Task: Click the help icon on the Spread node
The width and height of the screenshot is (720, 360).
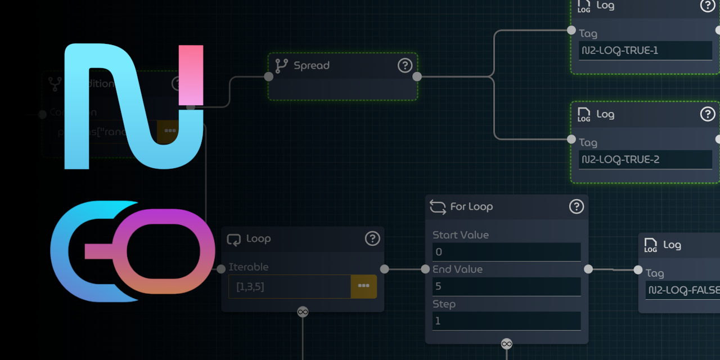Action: coord(405,66)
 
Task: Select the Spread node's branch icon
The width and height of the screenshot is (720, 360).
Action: coord(282,66)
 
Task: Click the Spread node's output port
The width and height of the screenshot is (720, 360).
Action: coord(417,76)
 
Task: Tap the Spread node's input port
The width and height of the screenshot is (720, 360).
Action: coord(269,76)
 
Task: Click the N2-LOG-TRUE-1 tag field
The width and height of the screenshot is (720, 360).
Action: coord(645,51)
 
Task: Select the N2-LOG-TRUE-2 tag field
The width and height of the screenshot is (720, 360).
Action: coord(645,160)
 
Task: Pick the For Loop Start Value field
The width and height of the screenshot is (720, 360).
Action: coord(506,252)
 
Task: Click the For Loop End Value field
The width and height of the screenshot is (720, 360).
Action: coord(506,286)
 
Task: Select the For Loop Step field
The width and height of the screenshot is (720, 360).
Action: coord(506,321)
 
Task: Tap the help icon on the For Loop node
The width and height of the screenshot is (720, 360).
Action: coord(577,206)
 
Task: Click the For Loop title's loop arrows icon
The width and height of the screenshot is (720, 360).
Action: coord(438,206)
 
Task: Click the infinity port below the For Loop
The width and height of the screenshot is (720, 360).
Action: coord(506,344)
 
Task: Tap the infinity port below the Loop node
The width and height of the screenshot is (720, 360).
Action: coord(303,312)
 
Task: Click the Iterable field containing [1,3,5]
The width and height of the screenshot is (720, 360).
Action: coord(289,286)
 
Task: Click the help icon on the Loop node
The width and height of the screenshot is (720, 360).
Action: coord(372,238)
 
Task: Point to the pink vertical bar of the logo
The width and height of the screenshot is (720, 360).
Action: coord(191,75)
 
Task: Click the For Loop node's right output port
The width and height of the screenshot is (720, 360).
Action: coord(588,269)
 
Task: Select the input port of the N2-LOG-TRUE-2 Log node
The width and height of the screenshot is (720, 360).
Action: coord(571,139)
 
